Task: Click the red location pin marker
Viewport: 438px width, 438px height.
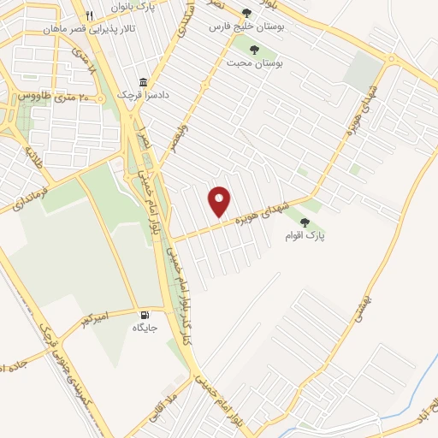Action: coord(220,201)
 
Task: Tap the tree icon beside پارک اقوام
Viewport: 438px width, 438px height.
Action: coord(305,222)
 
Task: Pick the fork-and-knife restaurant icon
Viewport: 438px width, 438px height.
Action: coord(90,15)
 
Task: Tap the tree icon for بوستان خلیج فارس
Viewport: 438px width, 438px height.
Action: coord(247,13)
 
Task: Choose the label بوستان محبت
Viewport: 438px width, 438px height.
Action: coord(254,62)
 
